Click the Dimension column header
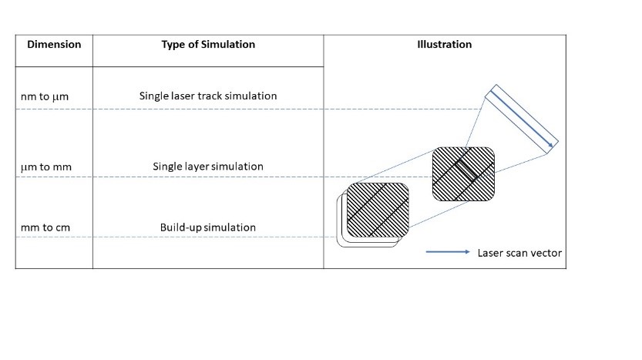54,44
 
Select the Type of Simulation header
208,44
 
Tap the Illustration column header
444,44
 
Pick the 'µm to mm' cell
45,167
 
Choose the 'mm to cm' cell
45,228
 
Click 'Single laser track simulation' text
208,96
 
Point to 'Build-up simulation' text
208,227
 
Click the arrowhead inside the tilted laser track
550,143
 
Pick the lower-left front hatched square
378,210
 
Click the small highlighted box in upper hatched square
465,169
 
